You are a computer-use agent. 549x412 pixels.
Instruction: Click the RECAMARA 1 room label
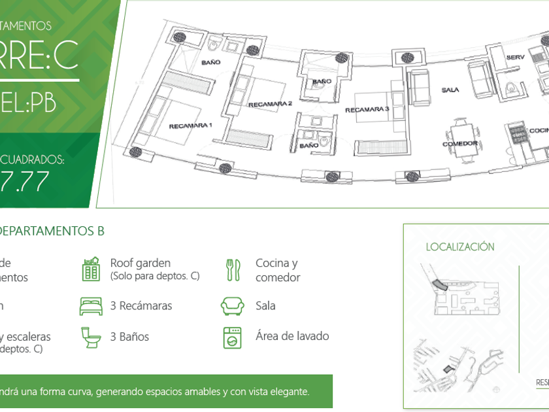[x=190, y=125]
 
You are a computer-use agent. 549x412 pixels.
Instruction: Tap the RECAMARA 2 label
[x=269, y=104]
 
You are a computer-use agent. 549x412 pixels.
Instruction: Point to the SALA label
[x=450, y=90]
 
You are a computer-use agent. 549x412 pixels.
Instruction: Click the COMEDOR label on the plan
[x=459, y=143]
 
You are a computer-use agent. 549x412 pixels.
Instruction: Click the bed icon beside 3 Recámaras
[x=91, y=306]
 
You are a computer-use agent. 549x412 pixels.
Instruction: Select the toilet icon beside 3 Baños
[x=91, y=337]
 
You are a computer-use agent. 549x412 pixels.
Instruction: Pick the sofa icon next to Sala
[x=233, y=306]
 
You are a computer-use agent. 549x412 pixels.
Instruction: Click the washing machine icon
[x=233, y=337]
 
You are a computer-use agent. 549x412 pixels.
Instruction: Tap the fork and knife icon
[x=233, y=269]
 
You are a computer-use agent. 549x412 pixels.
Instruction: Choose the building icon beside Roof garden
[x=91, y=269]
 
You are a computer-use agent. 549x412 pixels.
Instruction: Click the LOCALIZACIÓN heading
[x=460, y=247]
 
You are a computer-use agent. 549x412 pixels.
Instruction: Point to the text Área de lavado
[x=292, y=337]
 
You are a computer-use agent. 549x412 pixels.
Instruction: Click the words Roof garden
[x=140, y=264]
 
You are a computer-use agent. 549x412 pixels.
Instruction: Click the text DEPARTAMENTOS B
[x=51, y=231]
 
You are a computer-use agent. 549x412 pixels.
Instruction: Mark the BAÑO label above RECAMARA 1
[x=210, y=62]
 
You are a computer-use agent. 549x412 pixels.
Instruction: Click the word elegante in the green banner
[x=286, y=392]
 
